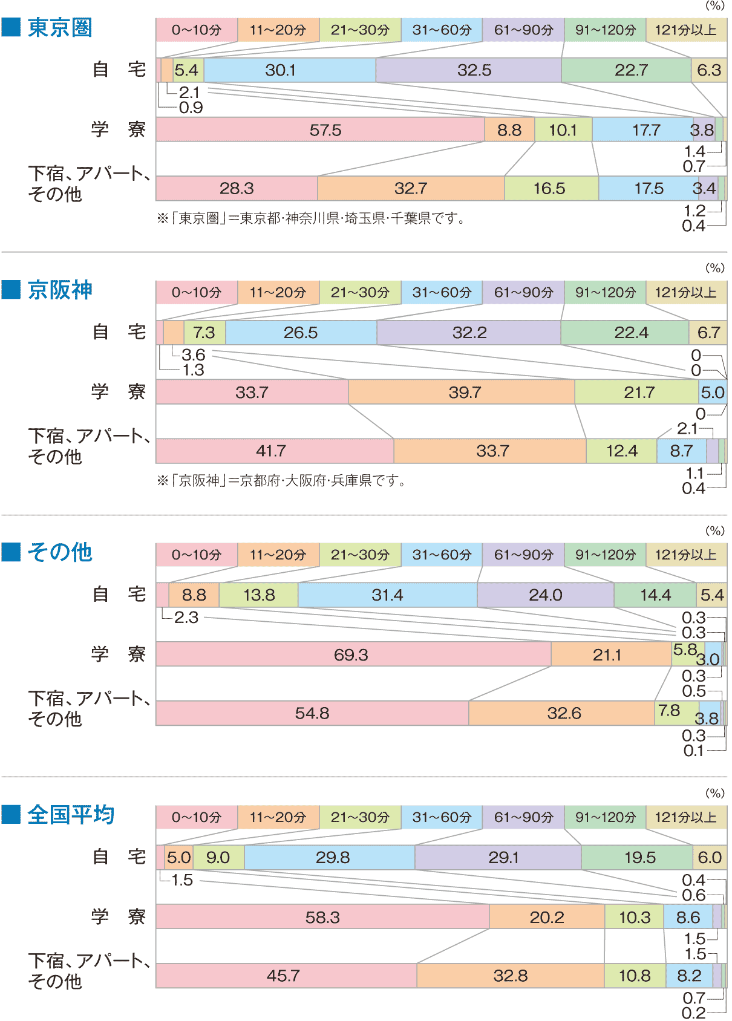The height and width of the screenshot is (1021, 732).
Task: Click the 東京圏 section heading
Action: [59, 28]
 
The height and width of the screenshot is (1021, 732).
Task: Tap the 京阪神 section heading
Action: [59, 290]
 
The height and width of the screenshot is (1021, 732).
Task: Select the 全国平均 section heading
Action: [70, 815]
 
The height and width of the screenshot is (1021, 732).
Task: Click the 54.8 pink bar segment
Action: [312, 713]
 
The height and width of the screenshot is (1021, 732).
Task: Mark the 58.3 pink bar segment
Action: [322, 917]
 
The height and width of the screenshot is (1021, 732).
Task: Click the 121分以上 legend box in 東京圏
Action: [686, 30]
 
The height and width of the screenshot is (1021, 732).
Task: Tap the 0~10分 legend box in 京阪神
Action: [197, 293]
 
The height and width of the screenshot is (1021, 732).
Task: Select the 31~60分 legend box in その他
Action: [442, 555]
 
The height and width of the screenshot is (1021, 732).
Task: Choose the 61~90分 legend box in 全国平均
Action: [523, 817]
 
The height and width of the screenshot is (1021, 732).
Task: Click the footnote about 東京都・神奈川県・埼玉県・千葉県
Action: [310, 218]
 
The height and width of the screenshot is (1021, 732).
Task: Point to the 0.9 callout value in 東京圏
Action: [191, 108]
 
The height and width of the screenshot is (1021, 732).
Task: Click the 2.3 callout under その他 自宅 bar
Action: [186, 618]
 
